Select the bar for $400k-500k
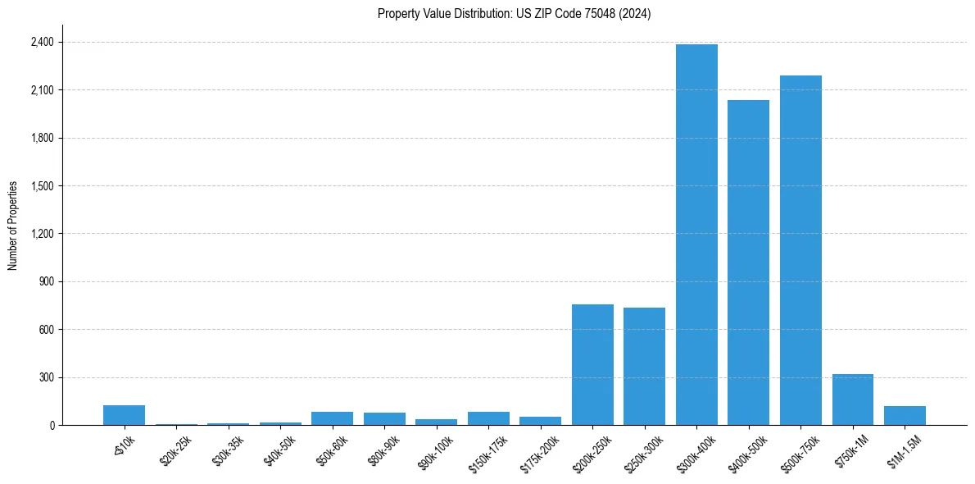pyautogui.click(x=748, y=263)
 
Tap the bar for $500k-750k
pyautogui.click(x=800, y=250)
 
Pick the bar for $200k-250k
pyautogui.click(x=592, y=365)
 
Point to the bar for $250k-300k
pyautogui.click(x=644, y=367)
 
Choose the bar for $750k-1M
pyautogui.click(x=852, y=400)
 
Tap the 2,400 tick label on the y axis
pyautogui.click(x=42, y=42)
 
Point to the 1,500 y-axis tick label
pyautogui.click(x=42, y=186)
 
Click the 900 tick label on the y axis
pyautogui.click(x=47, y=282)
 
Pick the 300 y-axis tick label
pyautogui.click(x=47, y=378)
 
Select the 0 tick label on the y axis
pyautogui.click(x=52, y=426)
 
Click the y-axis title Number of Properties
pyautogui.click(x=13, y=225)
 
